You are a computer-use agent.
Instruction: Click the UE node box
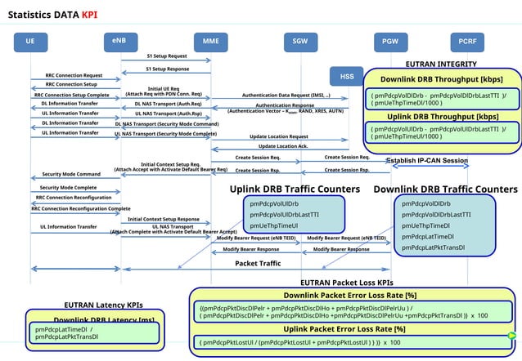coord(30,41)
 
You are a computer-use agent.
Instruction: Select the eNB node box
coord(120,40)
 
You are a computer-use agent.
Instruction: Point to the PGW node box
coord(390,41)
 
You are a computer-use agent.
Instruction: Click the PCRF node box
coord(467,41)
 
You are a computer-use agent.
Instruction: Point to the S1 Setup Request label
coord(167,56)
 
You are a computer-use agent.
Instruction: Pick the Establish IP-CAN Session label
coord(427,160)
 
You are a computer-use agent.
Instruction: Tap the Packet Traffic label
coord(258,264)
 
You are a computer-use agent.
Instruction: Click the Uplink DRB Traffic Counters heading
coord(295,189)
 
